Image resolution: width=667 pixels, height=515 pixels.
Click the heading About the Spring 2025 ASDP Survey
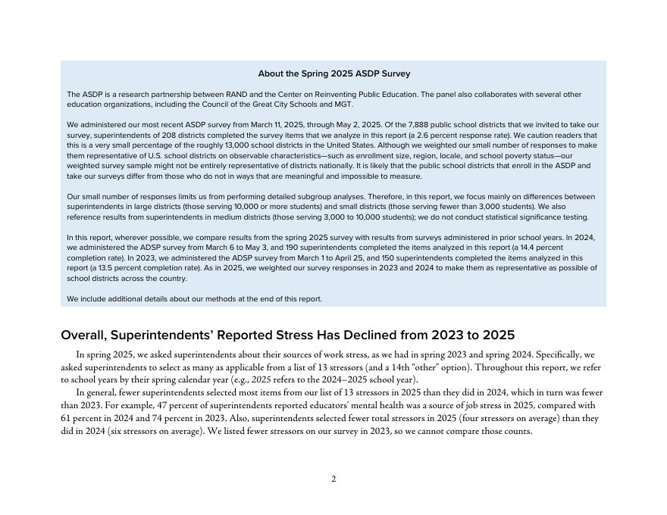[x=333, y=74]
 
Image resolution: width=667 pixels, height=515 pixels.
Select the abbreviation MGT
[x=342, y=105]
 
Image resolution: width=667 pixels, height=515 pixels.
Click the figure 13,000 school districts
[x=280, y=145]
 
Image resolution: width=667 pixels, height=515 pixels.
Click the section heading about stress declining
[x=287, y=336]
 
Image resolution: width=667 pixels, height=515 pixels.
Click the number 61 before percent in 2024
[x=66, y=418]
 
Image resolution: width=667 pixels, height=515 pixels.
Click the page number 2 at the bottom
[x=333, y=479]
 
